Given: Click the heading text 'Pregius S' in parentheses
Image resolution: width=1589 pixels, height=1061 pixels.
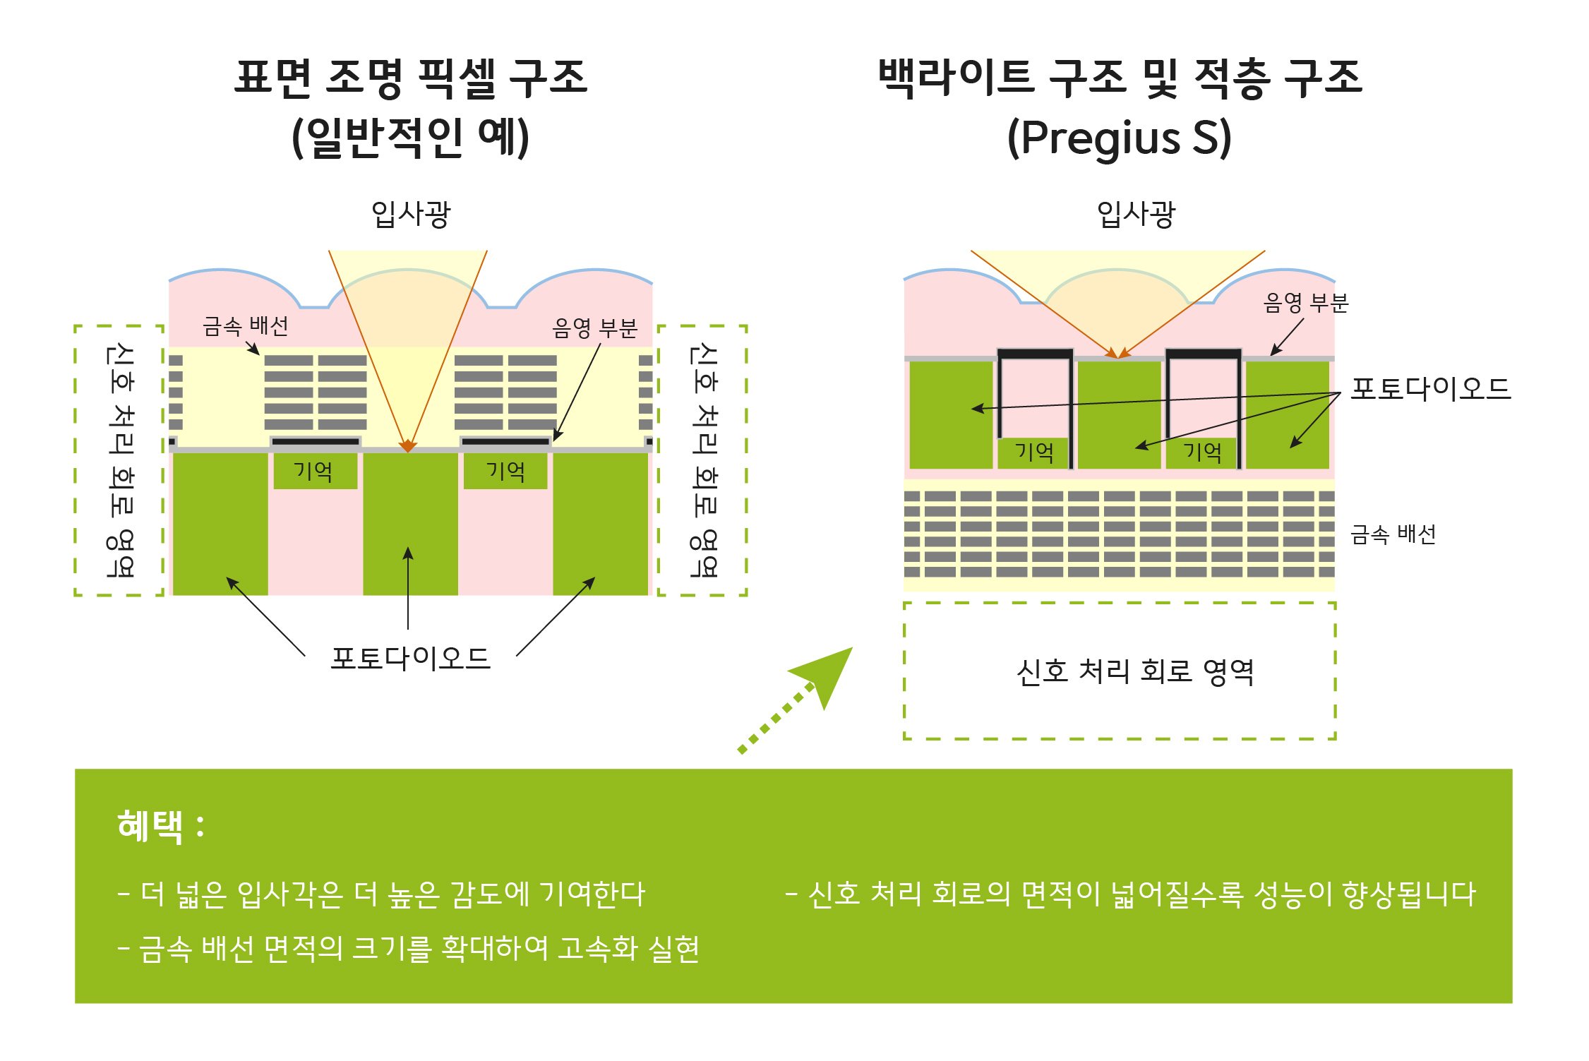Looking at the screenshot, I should (1119, 138).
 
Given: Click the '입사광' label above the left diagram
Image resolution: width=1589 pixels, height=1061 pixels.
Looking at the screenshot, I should (411, 214).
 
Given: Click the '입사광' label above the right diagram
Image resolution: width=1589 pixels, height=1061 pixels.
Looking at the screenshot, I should (1136, 214).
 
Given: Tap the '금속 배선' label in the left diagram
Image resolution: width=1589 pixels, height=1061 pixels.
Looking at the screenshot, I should (245, 326).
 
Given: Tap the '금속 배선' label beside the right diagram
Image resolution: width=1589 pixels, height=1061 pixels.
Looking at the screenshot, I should (1393, 534).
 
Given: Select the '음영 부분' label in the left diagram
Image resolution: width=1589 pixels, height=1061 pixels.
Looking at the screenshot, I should (594, 328).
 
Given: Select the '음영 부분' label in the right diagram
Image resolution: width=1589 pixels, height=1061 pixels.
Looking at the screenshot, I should (1305, 303).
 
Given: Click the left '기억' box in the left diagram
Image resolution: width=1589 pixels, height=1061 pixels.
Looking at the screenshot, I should (314, 471).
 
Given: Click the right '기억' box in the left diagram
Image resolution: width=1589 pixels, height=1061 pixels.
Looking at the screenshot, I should (505, 471).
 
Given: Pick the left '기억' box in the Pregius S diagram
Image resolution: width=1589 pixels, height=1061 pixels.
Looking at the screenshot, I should (1033, 452).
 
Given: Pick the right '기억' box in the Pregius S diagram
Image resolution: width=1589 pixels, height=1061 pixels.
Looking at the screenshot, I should (1202, 452).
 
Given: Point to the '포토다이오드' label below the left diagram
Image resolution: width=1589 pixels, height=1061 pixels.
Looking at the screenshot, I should (411, 658).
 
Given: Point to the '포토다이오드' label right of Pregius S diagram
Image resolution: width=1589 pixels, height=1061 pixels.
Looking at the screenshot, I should (1430, 389).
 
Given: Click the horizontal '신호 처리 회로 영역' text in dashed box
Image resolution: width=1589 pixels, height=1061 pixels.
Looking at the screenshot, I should (1134, 671).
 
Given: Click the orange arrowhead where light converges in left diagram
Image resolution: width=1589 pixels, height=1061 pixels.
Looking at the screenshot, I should (408, 446).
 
